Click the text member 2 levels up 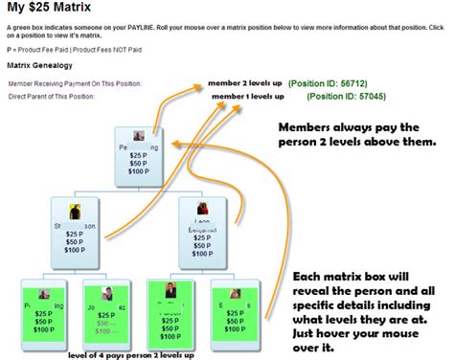pos(244,83)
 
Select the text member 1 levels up pos(247,96)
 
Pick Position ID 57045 pos(341,97)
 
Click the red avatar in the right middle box pos(202,207)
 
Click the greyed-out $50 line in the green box pos(101,326)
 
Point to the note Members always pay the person pos(360,137)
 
